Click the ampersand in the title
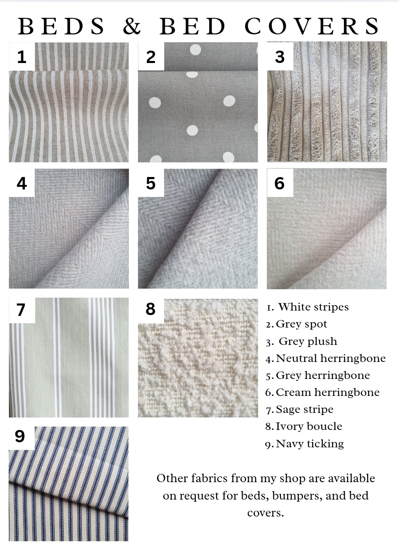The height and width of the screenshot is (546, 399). tap(132, 26)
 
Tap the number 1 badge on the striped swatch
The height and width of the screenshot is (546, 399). tap(22, 56)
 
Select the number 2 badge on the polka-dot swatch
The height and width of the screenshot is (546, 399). tap(151, 56)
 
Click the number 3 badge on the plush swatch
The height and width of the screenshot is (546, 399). tap(280, 56)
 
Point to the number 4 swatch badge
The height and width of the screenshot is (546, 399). tap(22, 183)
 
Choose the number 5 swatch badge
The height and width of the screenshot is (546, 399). tap(151, 183)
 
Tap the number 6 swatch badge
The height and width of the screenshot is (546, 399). tap(280, 183)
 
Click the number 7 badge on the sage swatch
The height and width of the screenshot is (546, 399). tap(21, 310)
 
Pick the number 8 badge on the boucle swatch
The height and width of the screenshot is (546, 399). tap(150, 309)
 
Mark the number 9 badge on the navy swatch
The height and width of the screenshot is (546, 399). tap(20, 436)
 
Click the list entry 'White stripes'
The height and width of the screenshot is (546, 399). tap(313, 307)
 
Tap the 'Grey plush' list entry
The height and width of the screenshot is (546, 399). tap(307, 342)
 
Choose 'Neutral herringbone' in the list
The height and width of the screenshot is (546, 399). tap(330, 359)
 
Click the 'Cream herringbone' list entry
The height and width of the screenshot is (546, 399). tap(327, 393)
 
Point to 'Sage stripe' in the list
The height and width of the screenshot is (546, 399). tap(304, 410)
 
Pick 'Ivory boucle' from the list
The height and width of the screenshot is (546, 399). tap(309, 427)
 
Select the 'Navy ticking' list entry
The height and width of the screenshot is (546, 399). tap(310, 444)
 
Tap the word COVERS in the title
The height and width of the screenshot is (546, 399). tap(312, 26)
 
